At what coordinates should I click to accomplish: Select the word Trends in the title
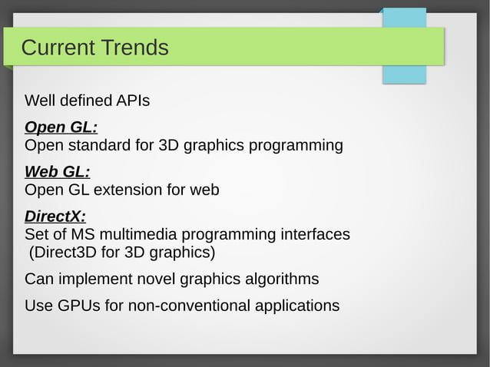point(133,48)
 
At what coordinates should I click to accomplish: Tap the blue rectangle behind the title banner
point(404,74)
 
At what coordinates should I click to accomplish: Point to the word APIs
point(132,101)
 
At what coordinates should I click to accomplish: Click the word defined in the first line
point(87,101)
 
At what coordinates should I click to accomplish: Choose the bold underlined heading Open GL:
point(61,127)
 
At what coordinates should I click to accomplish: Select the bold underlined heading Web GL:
point(58,172)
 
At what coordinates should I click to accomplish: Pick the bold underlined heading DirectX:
point(55,217)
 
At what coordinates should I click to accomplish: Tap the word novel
point(153,279)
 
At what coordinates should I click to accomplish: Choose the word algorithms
point(280,279)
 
